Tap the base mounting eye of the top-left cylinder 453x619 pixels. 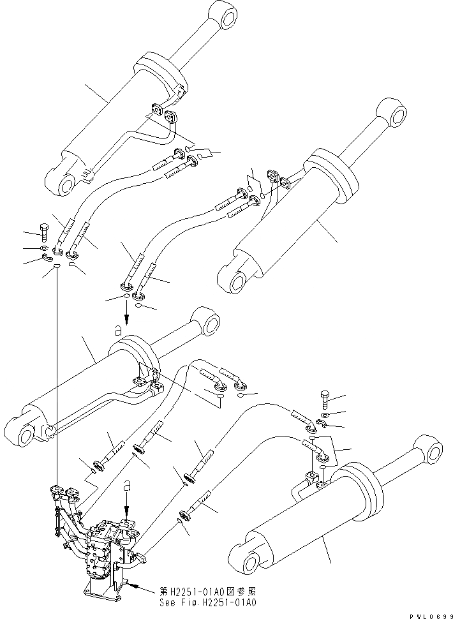tap(65, 183)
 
